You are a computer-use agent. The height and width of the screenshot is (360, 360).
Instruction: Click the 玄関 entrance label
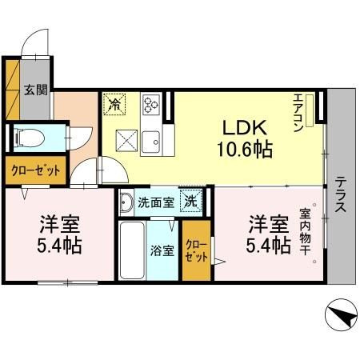tap(36, 90)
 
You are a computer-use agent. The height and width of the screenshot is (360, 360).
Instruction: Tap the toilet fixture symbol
tap(30, 138)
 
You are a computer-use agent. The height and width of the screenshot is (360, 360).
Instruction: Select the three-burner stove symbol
tap(151, 104)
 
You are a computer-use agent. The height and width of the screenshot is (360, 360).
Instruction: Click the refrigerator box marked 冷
tap(114, 104)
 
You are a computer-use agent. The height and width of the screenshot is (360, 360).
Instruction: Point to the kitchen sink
tap(150, 142)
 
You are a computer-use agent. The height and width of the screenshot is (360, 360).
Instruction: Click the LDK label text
tap(245, 128)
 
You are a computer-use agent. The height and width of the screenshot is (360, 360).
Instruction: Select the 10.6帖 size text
tap(245, 149)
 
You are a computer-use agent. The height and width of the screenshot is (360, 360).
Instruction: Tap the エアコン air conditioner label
tap(298, 113)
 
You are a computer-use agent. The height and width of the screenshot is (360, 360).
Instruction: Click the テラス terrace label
tap(341, 194)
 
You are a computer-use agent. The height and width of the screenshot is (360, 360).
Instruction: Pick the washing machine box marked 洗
tap(191, 201)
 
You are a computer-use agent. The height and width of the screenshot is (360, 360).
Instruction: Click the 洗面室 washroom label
tap(156, 203)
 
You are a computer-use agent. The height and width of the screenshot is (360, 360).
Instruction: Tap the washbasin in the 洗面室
tap(126, 202)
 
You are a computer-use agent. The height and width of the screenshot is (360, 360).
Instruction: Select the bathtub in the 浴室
tap(132, 250)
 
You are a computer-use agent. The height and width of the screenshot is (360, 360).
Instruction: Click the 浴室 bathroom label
tap(162, 250)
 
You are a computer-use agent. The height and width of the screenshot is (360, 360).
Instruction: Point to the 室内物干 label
tap(305, 231)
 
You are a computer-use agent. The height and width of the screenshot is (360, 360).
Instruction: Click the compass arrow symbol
tap(342, 315)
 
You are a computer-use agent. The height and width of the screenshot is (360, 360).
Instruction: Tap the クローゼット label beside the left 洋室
tap(36, 170)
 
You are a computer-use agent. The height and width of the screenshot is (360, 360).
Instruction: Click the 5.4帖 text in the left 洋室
tap(59, 246)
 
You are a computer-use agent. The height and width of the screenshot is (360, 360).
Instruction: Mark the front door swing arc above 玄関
tap(30, 38)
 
